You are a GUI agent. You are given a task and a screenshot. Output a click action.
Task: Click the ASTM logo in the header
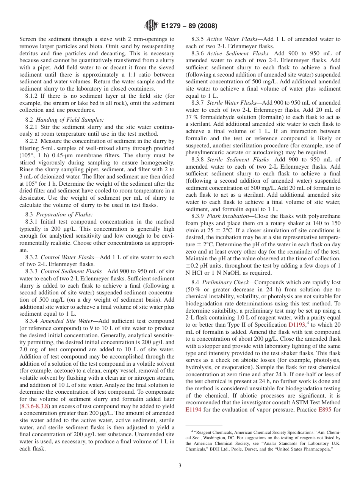(x=151, y=26)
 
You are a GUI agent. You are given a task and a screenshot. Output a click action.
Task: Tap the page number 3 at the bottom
(x=180, y=466)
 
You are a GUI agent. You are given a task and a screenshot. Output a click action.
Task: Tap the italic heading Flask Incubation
(x=230, y=216)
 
